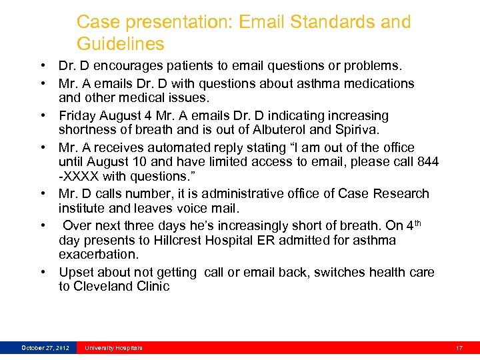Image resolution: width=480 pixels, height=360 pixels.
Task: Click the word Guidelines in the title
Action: coord(120,44)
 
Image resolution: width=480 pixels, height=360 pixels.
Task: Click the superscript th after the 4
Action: coord(418,223)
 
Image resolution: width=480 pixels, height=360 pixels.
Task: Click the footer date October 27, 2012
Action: coord(45,347)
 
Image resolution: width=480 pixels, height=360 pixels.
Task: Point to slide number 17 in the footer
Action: coord(459,347)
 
